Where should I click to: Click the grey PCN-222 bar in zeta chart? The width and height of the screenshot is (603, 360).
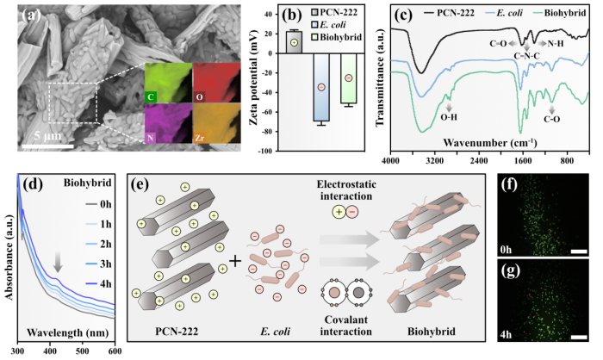tap(295, 41)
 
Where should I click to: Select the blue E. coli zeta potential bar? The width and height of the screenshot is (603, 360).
tap(320, 86)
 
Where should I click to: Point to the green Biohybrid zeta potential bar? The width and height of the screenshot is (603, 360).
tap(348, 78)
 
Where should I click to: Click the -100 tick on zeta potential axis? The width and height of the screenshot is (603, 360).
tap(270, 151)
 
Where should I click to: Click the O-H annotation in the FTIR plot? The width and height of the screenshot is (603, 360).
tap(448, 115)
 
